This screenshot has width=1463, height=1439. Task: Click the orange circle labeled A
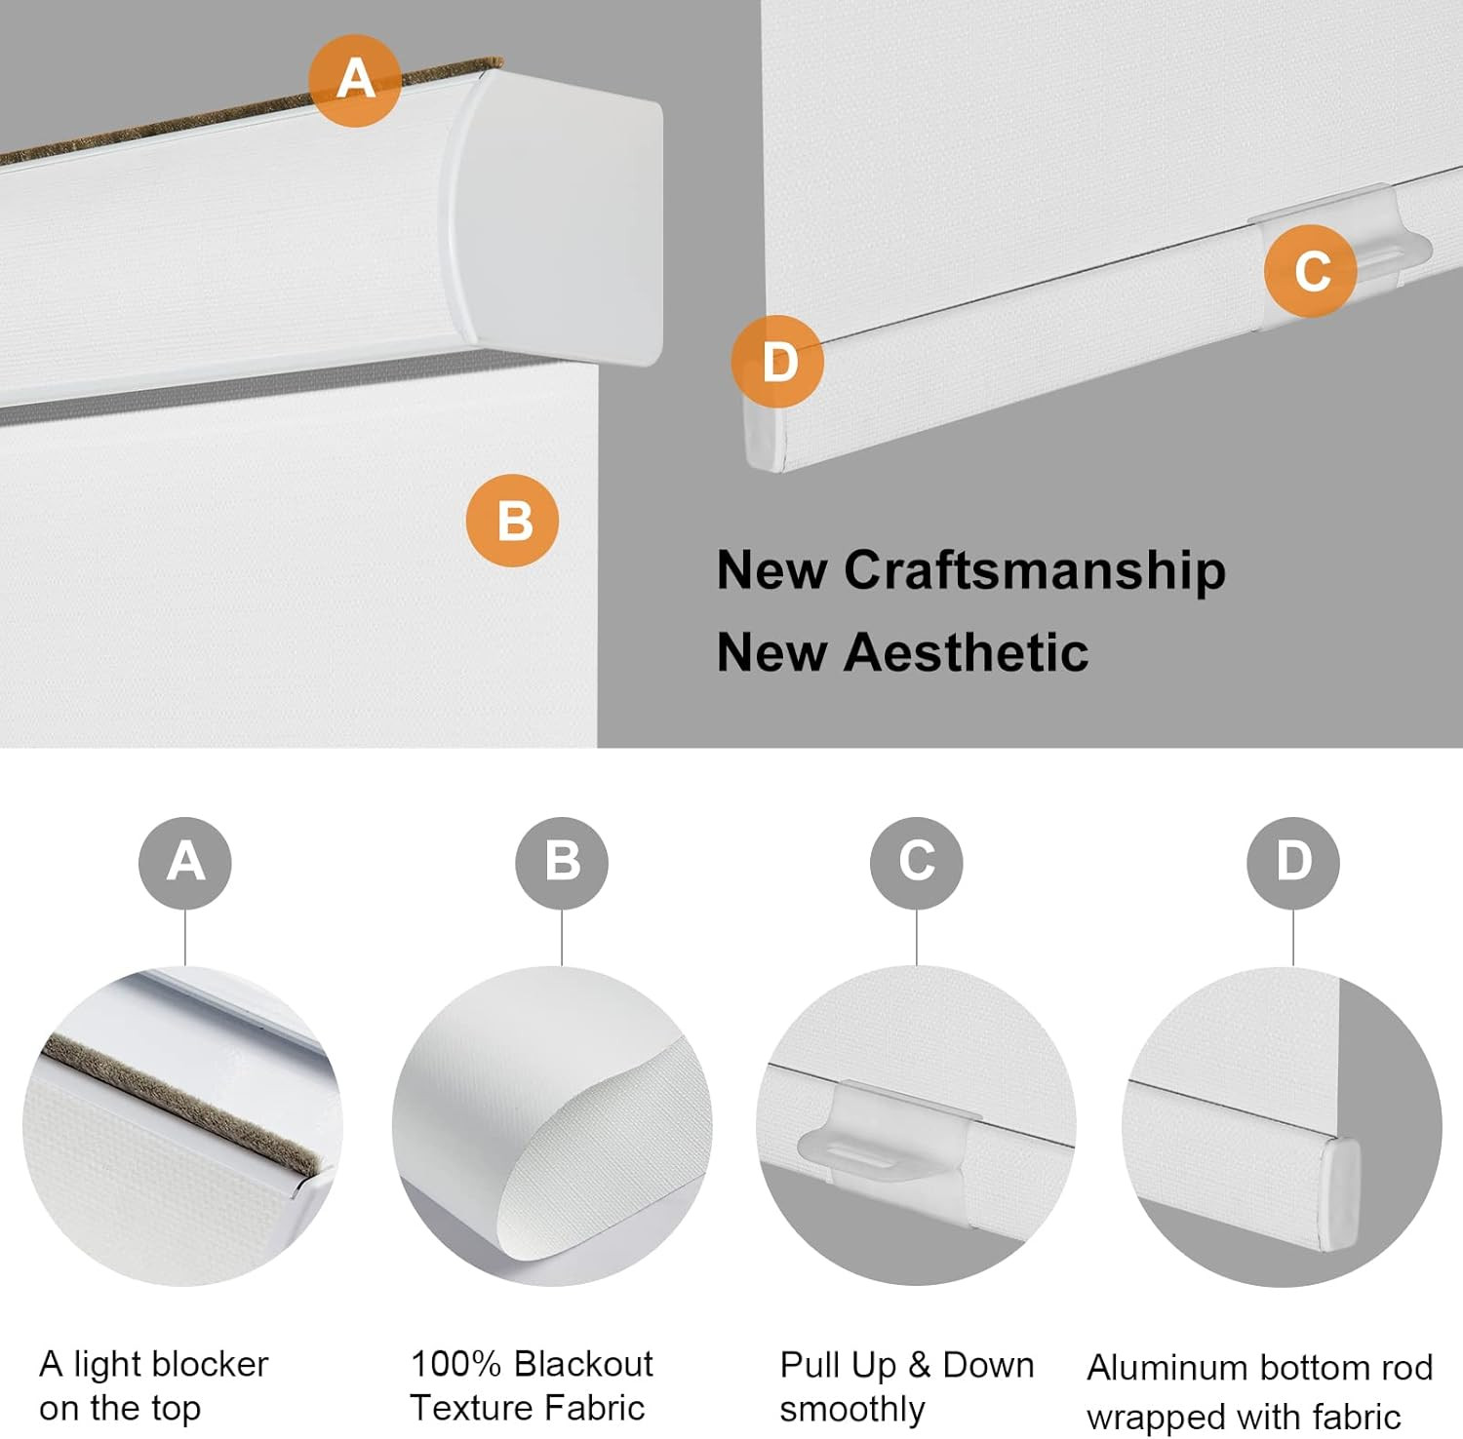(355, 80)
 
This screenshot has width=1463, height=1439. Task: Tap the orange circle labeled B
(513, 521)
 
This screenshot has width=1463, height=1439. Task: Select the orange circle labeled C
(1311, 271)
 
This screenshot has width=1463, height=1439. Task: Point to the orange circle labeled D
(778, 362)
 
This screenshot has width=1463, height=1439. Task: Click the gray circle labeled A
(185, 863)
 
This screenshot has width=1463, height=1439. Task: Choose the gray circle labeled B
(562, 863)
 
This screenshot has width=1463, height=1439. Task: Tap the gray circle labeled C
(917, 863)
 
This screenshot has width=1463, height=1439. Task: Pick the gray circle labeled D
(1293, 863)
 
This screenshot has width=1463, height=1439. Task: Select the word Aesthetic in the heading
(967, 652)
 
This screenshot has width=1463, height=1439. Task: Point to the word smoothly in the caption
(852, 1410)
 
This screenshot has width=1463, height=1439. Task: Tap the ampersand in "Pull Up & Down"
(919, 1366)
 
